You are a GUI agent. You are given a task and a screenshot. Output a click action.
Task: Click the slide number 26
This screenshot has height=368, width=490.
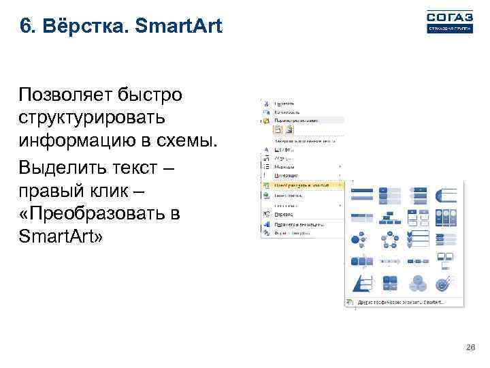pyautogui.click(x=470, y=348)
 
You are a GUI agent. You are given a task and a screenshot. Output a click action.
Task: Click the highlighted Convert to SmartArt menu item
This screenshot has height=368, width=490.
pyautogui.click(x=303, y=185)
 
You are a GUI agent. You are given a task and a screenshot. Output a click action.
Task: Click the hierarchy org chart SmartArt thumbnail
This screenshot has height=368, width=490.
pyautogui.click(x=388, y=217)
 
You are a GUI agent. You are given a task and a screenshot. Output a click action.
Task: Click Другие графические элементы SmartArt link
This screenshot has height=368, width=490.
pyautogui.click(x=398, y=301)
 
